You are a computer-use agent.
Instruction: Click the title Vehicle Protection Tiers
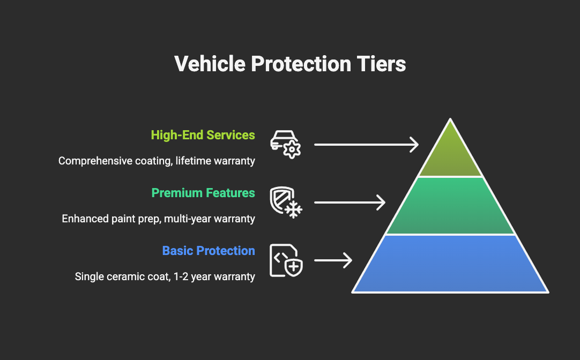[x=290, y=64]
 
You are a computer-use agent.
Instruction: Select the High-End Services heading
[x=203, y=135]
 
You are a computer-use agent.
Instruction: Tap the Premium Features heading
[x=203, y=193]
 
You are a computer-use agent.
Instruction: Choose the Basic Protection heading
[x=209, y=251]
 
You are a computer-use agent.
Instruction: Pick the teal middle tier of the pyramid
[x=450, y=206]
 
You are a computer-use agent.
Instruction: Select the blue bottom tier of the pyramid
[x=450, y=264]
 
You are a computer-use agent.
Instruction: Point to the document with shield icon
[x=286, y=260]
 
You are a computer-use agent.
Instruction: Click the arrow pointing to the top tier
[x=366, y=145]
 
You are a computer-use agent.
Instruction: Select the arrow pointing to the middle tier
[x=350, y=202]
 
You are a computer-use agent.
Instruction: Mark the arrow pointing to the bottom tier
[x=333, y=260]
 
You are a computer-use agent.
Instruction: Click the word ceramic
[x=121, y=276]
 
